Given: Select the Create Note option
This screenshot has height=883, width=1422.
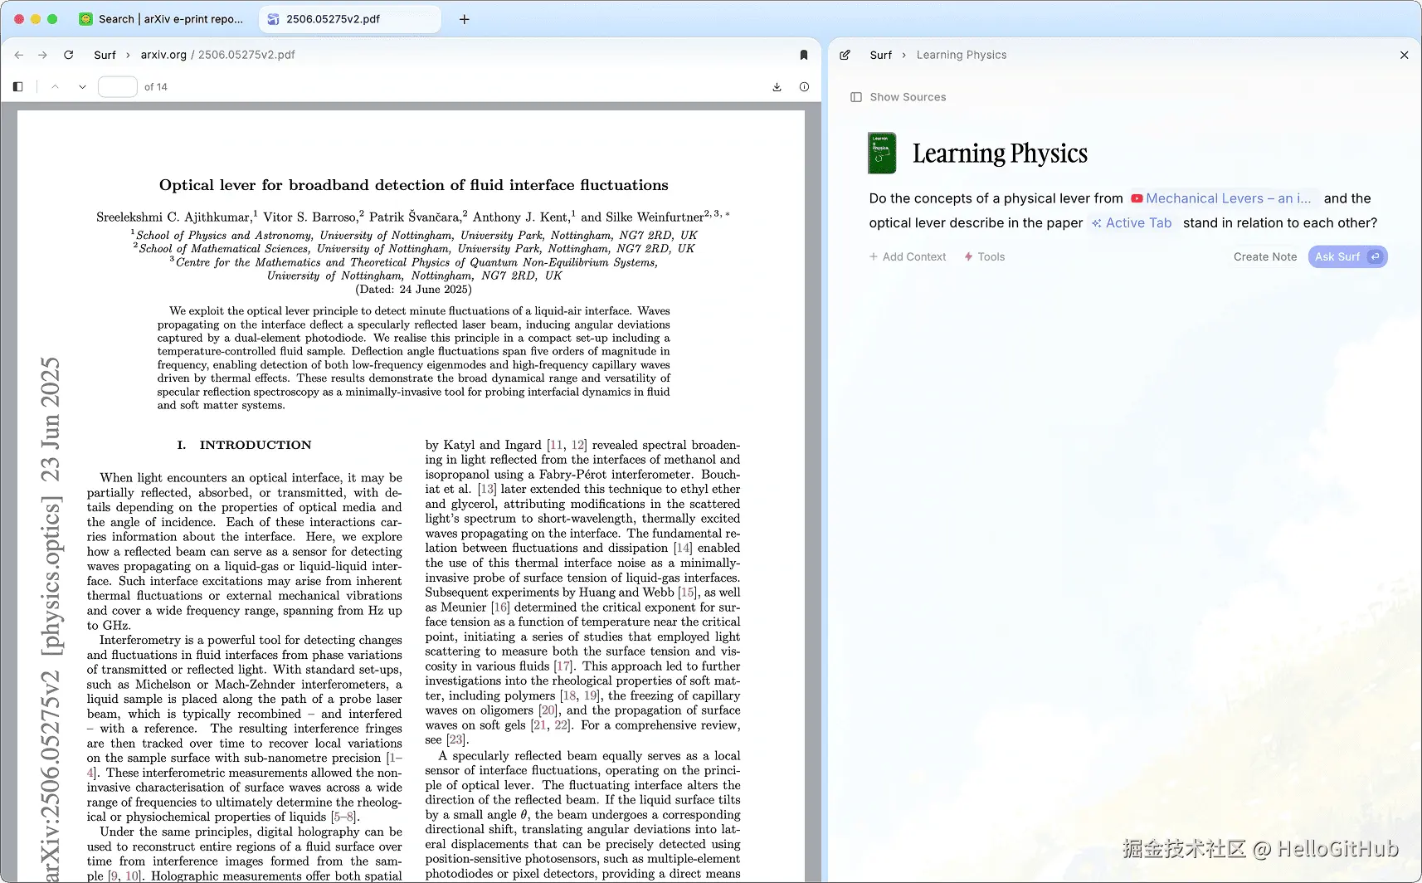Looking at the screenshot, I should [x=1264, y=257].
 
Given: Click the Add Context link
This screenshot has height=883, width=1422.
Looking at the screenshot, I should [x=908, y=257].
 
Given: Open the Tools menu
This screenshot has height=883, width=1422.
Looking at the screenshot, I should [x=985, y=257].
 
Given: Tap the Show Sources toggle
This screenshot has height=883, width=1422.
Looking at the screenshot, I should [x=898, y=97].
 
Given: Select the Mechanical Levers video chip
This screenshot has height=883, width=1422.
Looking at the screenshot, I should [x=1221, y=198].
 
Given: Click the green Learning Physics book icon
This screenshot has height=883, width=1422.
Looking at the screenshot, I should [x=882, y=154].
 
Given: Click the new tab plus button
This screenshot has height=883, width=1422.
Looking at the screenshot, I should [x=465, y=19].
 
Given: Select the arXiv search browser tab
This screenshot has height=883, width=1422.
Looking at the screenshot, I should [x=162, y=19].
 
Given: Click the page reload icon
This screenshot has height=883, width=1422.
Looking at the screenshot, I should [x=69, y=55].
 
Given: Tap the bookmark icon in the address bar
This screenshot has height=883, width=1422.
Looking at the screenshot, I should [x=803, y=55].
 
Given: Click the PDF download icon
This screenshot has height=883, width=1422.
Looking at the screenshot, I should [x=777, y=87].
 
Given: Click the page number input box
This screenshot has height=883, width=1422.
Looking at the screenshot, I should [x=118, y=87].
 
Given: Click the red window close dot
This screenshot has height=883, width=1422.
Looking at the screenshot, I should [x=19, y=19].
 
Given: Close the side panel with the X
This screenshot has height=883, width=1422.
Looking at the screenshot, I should [x=1404, y=55].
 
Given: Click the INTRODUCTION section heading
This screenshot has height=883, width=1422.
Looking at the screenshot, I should [x=255, y=446].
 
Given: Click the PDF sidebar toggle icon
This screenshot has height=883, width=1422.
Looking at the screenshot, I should [x=18, y=87].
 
